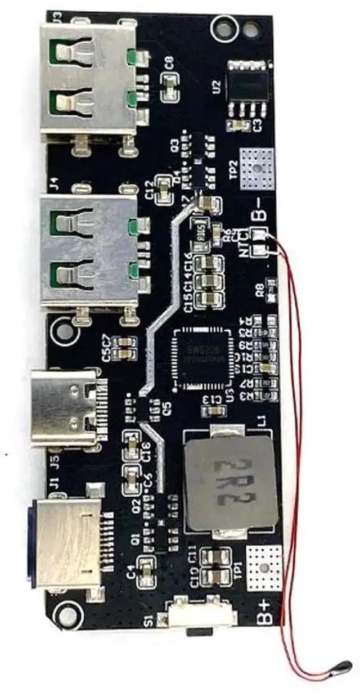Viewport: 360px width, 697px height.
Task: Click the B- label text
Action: point(262,215)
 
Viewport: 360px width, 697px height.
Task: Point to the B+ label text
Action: point(265,610)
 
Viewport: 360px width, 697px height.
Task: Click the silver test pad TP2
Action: point(257,168)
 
